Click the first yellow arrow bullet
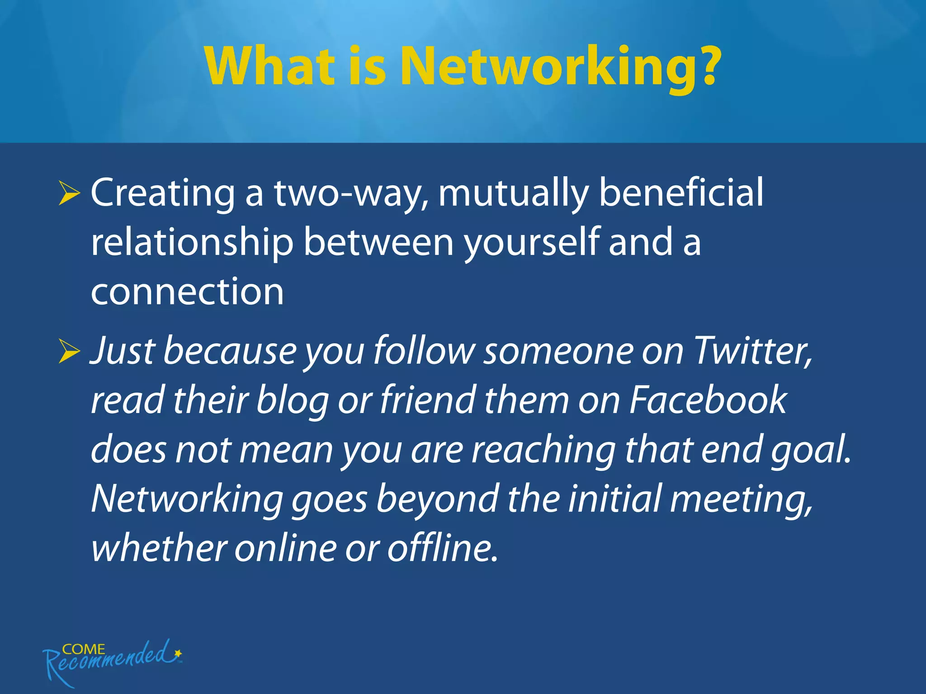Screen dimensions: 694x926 pos(69,194)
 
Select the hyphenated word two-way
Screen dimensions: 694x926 pos(350,193)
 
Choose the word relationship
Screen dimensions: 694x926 pos(192,243)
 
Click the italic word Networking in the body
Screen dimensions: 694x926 pos(187,500)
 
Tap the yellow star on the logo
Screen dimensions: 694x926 pos(178,653)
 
